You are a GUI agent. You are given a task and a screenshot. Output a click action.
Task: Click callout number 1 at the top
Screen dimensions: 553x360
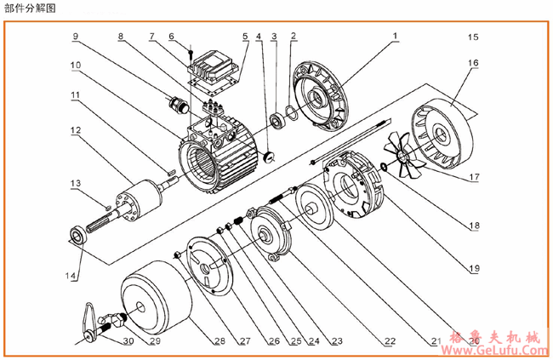tap(395, 36)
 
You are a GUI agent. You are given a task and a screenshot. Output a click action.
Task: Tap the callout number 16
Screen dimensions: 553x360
tap(473, 63)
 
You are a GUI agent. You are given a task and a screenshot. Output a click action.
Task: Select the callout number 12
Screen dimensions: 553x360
tap(76, 130)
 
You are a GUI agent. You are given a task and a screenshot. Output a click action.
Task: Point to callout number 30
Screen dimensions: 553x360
tap(128, 341)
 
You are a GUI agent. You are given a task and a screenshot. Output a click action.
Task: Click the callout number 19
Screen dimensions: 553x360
tap(475, 268)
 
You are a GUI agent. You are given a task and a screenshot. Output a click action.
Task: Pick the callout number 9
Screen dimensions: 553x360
tap(76, 37)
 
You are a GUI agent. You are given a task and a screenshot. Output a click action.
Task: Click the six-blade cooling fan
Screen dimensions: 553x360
tap(403, 154)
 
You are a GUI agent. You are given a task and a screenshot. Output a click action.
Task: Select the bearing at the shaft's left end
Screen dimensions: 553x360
tap(77, 235)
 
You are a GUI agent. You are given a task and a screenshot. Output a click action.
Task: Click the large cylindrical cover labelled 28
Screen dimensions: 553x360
tap(156, 298)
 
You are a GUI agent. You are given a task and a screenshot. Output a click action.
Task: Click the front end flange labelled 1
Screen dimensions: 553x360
tap(320, 99)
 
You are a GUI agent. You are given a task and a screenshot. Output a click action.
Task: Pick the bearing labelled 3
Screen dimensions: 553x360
tap(276, 120)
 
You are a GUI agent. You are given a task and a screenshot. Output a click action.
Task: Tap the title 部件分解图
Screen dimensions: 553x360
tap(30, 9)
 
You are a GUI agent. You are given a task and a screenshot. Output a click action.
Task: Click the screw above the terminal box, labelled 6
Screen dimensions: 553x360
tap(191, 54)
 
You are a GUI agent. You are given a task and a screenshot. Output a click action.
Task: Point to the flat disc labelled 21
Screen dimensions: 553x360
tap(314, 207)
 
